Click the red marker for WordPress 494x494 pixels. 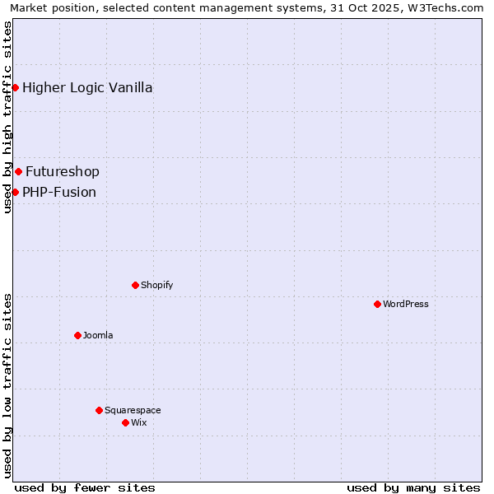pos(377,304)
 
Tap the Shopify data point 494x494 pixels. pos(135,285)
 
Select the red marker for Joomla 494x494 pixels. pos(77,335)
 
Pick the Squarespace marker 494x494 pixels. pos(99,410)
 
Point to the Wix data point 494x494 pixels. pos(125,422)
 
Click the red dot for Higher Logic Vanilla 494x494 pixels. pos(15,87)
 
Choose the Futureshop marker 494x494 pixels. pos(18,171)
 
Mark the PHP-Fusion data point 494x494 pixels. pos(15,192)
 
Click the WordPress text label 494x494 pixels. pos(406,304)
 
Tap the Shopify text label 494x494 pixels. pos(156,285)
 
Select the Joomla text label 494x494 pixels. pos(98,335)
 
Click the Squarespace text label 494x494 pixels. pos(133,410)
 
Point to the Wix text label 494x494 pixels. pos(138,422)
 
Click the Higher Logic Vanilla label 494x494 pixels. pos(87,87)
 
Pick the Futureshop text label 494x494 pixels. pos(63,171)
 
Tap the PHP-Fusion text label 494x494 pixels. pos(59,192)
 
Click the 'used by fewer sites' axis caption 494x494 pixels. pos(85,487)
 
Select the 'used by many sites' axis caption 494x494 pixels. pos(413,487)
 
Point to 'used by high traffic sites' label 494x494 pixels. pos(8,117)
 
